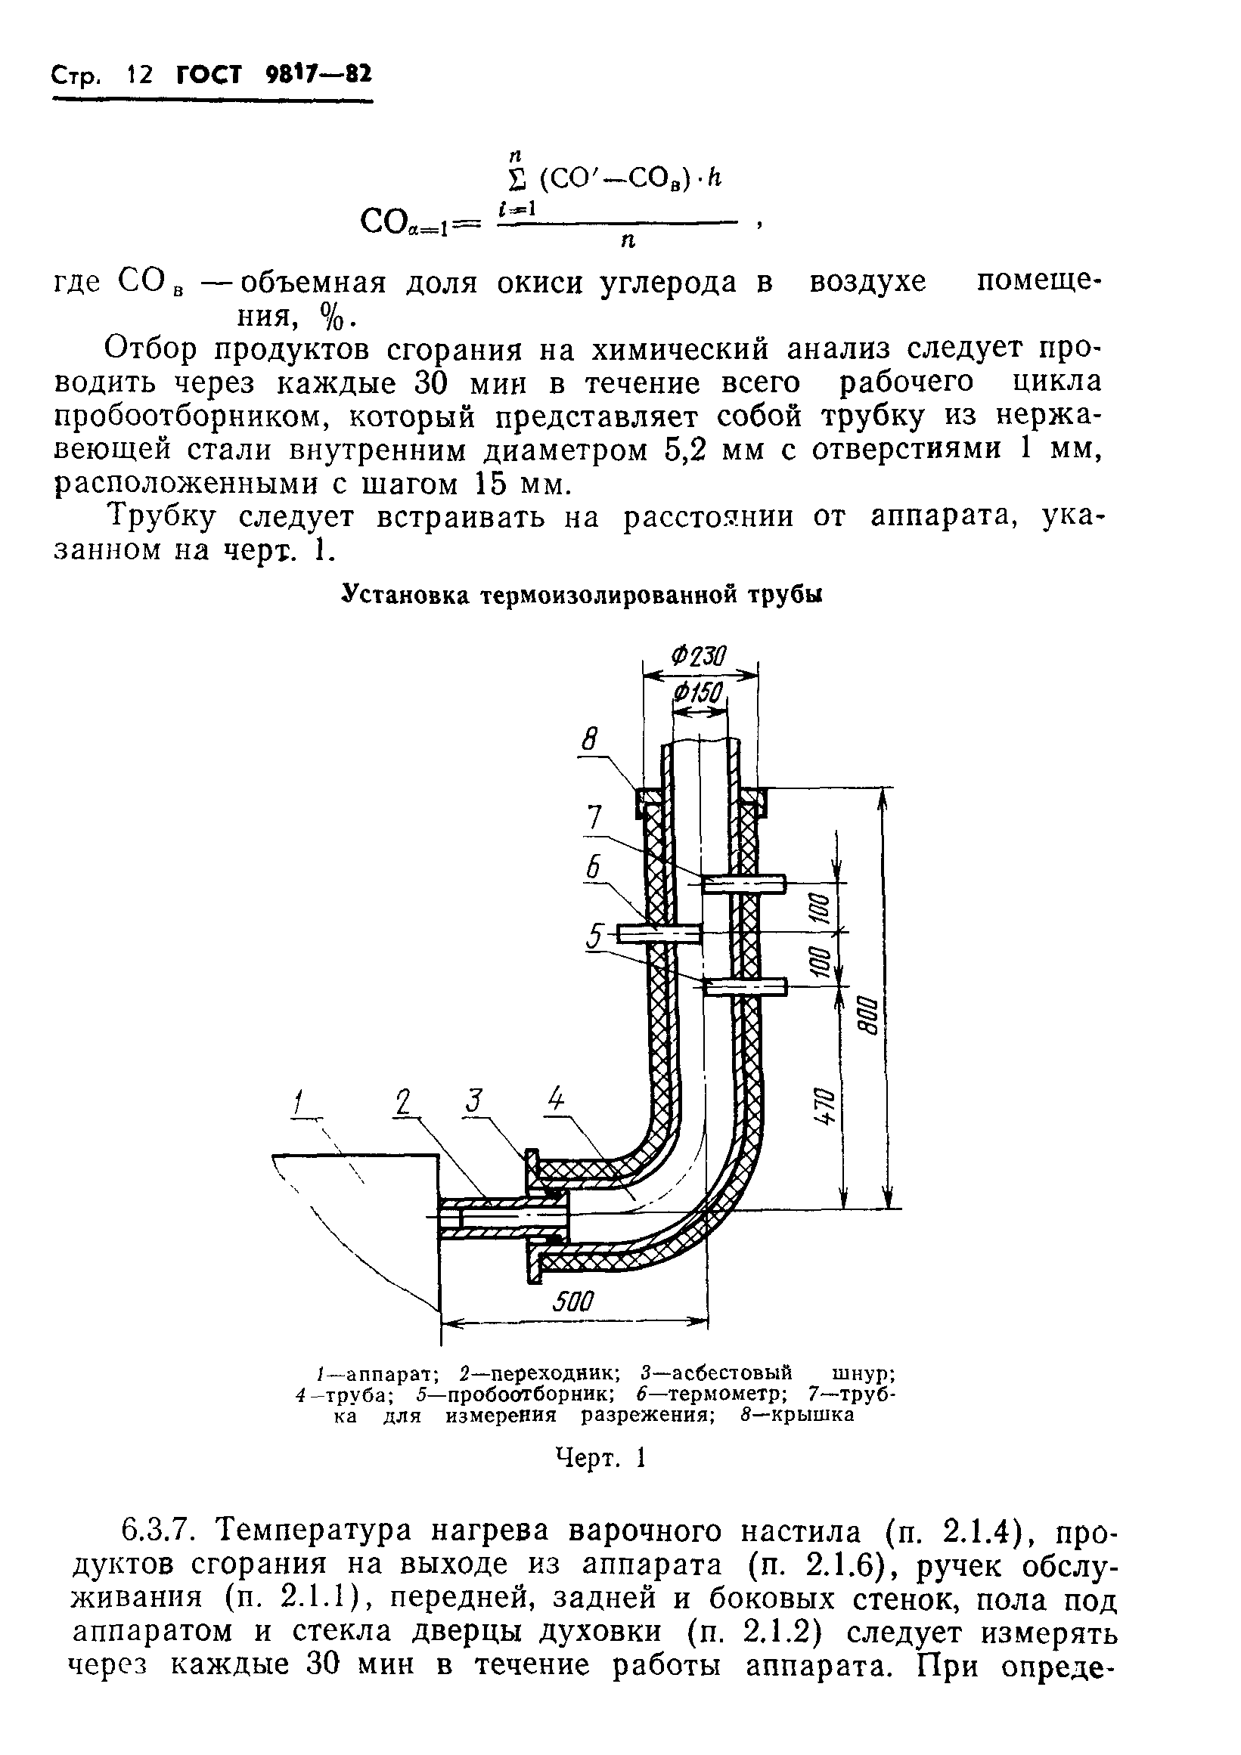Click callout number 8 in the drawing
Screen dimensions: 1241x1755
[589, 740]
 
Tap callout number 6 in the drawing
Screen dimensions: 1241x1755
[594, 868]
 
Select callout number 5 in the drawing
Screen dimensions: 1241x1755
[594, 936]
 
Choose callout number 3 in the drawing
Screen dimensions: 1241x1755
[475, 1101]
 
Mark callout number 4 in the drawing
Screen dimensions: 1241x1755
[556, 1100]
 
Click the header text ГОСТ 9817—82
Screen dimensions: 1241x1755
[273, 75]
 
